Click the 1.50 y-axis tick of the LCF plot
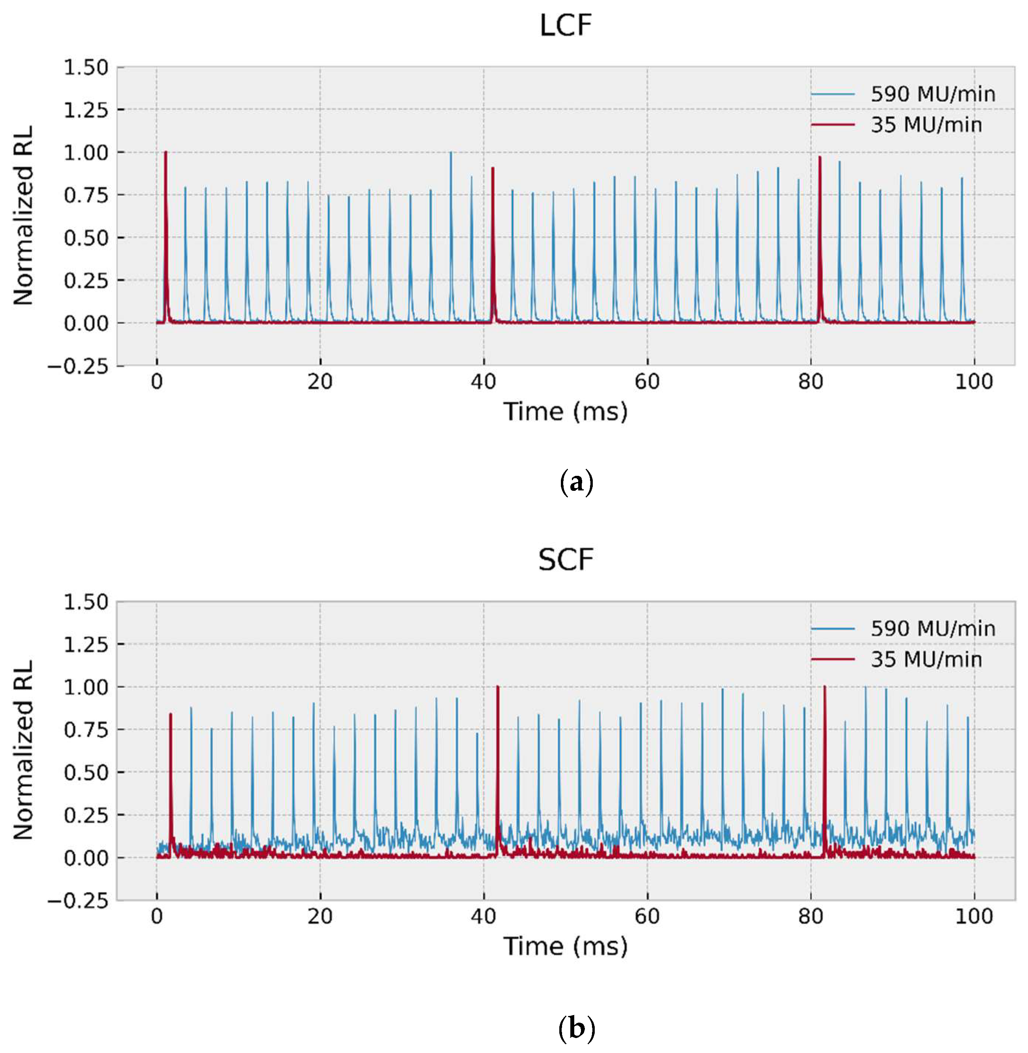[86, 67]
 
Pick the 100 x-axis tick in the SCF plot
[974, 916]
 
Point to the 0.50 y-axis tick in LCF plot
[86, 238]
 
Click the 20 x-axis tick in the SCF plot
[320, 916]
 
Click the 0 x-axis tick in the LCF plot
[157, 382]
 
